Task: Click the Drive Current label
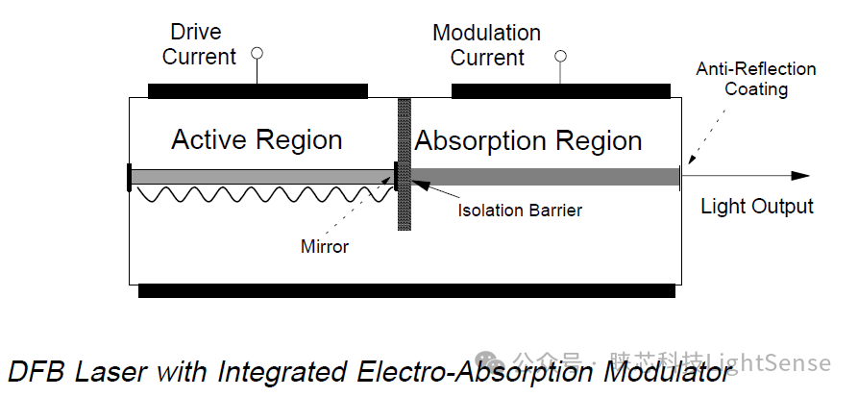tap(199, 44)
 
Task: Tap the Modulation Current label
tap(486, 45)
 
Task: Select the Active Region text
tap(257, 140)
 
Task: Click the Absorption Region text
tap(528, 141)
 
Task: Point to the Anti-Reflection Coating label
tap(756, 80)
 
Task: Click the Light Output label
tap(756, 207)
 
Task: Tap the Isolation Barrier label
tap(519, 210)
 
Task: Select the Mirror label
tap(325, 247)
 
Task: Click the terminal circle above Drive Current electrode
tap(256, 53)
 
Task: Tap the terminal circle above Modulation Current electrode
tap(560, 55)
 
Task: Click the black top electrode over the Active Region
tap(257, 91)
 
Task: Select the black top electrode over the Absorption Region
tap(560, 91)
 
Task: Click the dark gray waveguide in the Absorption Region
tap(544, 177)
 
